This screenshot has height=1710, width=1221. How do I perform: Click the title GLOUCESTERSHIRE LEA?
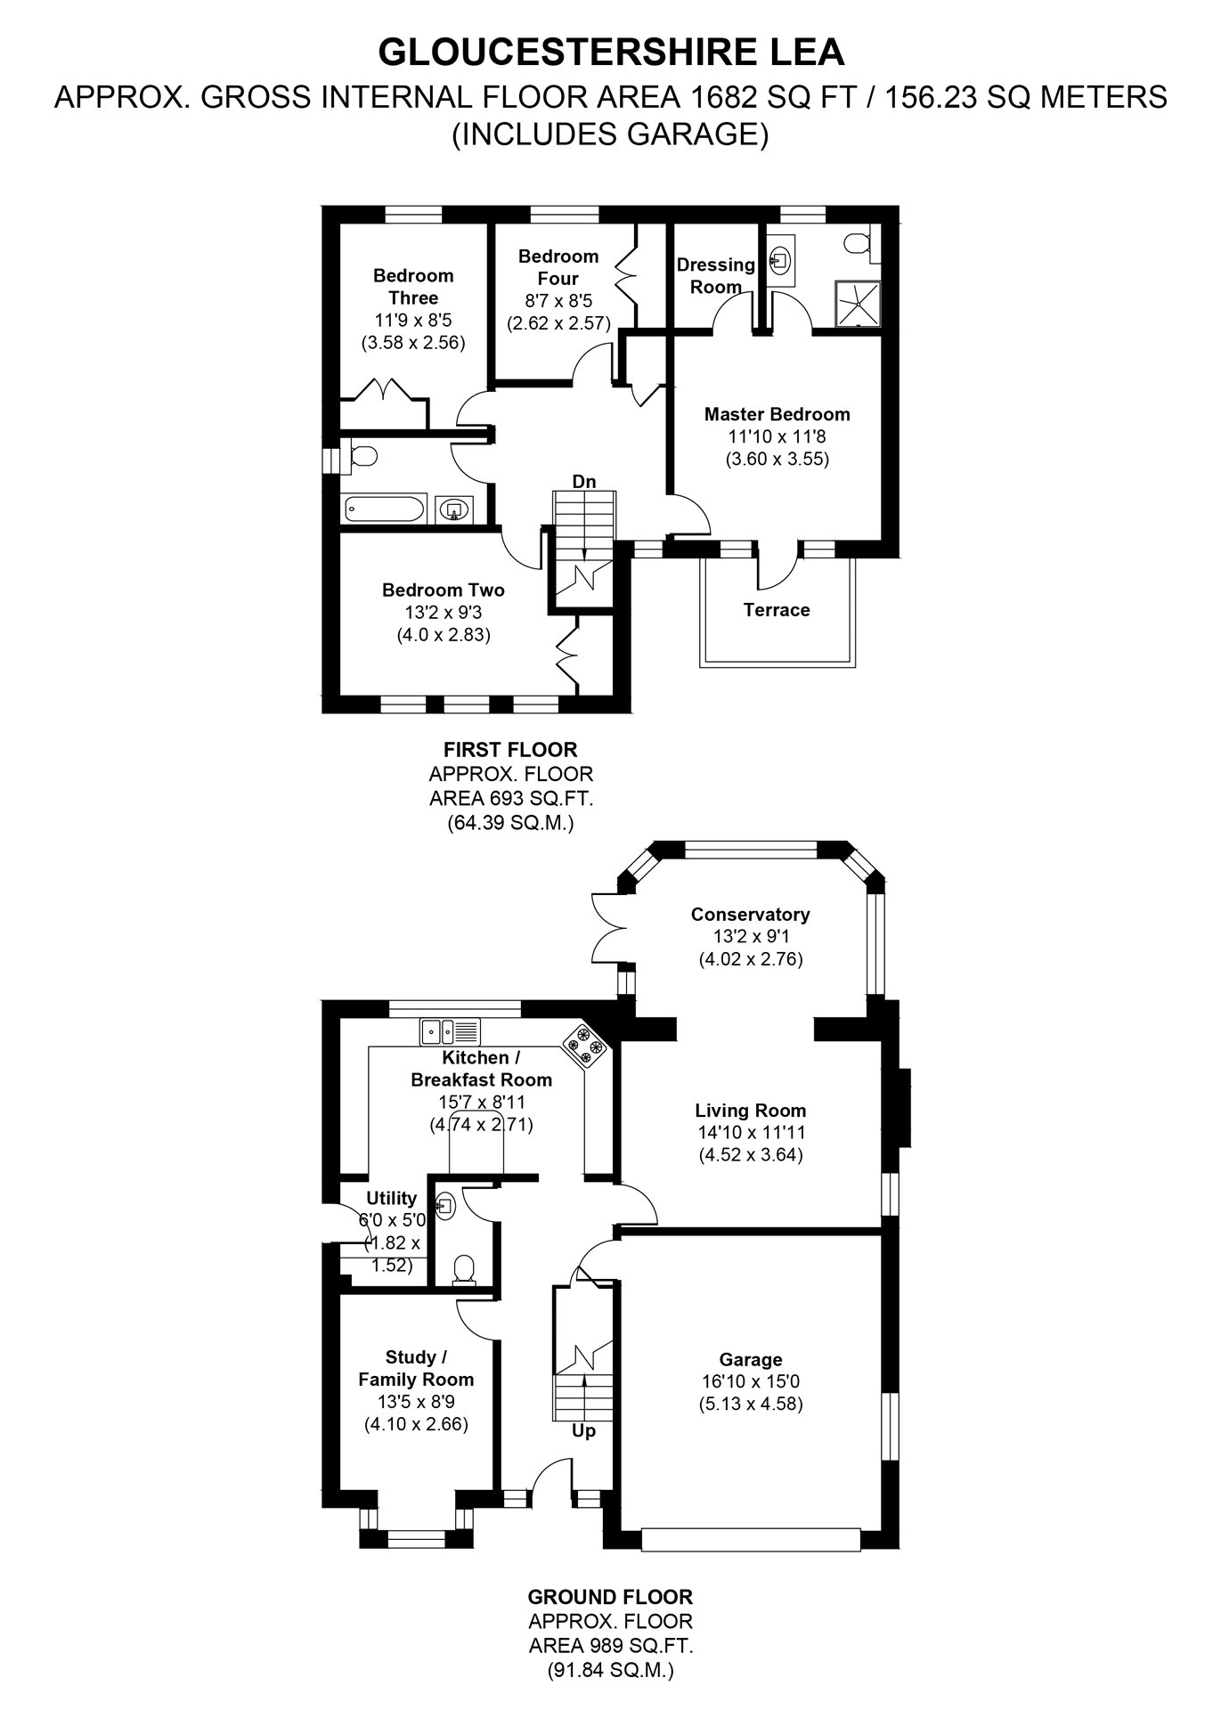pos(611,53)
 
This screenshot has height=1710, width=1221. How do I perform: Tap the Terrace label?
pos(777,610)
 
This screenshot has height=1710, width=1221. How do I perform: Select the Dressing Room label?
pos(716,275)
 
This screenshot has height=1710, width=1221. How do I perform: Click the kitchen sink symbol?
pos(451,1031)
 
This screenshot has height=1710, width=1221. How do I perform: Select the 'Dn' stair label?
pos(584,482)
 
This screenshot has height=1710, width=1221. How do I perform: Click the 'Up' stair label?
pos(583,1431)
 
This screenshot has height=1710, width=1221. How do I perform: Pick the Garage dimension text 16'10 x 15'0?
pos(751,1381)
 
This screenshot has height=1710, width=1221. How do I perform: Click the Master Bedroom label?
pos(777,414)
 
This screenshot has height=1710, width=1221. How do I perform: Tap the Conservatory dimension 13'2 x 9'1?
pos(751,937)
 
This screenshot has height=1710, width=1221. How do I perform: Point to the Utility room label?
pos(392,1198)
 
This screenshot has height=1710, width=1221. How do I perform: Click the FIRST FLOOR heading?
pos(510,750)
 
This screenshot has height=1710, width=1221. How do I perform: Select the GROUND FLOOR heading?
pos(610,1597)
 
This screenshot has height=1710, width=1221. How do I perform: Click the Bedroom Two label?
pos(444,590)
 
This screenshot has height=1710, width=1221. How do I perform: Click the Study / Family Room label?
pos(416,1368)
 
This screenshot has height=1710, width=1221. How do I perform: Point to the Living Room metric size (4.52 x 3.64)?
pos(751,1155)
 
